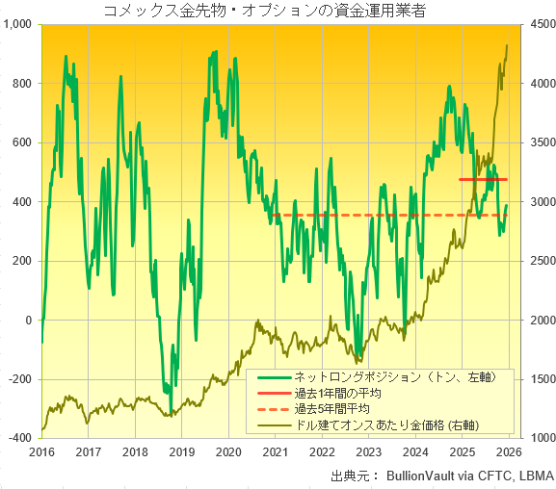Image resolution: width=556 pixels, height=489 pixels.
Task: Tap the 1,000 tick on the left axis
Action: pos(19,24)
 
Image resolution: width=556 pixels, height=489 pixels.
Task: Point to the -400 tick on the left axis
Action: pos(19,438)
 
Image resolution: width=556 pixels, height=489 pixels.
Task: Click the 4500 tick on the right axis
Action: pos(535,24)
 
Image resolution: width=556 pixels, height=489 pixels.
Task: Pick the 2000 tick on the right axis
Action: pos(535,320)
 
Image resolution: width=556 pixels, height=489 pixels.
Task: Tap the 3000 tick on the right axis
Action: pos(535,201)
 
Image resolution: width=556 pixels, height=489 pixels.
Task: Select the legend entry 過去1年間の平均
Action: pos(337,393)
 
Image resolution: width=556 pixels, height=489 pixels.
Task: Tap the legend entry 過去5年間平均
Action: pos(337,408)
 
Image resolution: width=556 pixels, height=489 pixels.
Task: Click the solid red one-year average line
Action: pos(483,180)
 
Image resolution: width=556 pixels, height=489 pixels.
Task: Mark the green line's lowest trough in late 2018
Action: pos(173,413)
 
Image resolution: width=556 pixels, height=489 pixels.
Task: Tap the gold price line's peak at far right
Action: pos(508,45)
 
